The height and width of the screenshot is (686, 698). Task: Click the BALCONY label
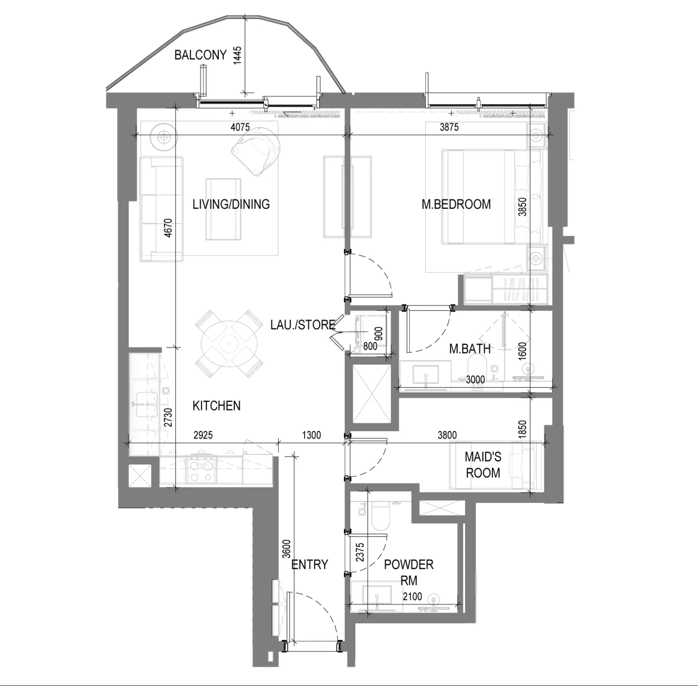(200, 55)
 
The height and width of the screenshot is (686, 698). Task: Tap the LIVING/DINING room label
(231, 204)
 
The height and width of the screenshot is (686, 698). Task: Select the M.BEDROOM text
(456, 204)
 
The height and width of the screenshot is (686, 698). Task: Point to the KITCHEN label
(217, 405)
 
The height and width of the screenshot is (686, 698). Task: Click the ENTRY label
(310, 565)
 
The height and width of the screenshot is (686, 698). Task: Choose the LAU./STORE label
(303, 325)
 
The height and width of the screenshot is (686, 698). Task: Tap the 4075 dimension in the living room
(240, 127)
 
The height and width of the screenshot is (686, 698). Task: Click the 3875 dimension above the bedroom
(449, 127)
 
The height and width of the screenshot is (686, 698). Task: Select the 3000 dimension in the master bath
(475, 380)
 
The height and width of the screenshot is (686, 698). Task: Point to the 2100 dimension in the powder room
(412, 596)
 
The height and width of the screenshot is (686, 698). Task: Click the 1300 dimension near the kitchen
(311, 435)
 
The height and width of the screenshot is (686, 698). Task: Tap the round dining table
(229, 343)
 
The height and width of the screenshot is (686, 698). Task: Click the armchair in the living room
(256, 152)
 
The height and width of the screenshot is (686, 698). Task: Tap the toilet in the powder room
(380, 517)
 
